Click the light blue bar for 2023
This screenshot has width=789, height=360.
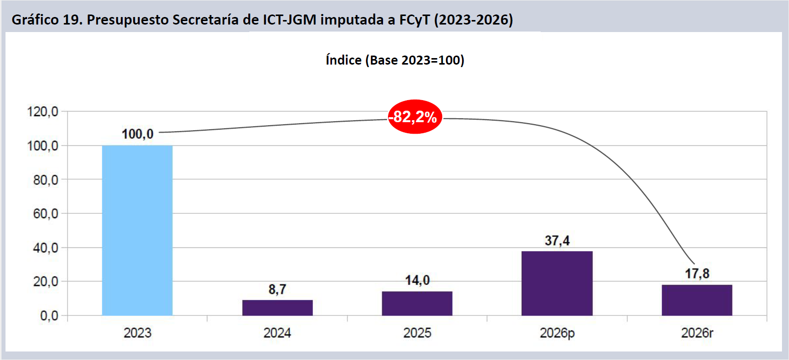point(137,230)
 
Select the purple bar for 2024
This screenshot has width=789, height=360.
point(277,307)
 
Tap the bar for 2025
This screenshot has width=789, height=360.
point(417,303)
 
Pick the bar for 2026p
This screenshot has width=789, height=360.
point(557,283)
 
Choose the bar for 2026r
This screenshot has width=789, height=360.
point(696,300)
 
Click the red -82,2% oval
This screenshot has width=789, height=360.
point(415,117)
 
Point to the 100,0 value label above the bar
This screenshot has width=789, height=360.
point(138,134)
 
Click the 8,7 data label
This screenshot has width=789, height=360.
point(277,289)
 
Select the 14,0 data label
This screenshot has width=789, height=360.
point(417,280)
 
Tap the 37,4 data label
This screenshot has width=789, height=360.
point(557,241)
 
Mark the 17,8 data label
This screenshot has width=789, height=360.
point(697,274)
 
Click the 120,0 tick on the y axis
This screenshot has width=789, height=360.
point(43,112)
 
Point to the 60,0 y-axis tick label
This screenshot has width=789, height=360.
point(46,214)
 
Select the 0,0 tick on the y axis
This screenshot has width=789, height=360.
point(49,316)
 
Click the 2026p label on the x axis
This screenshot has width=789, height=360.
point(557,333)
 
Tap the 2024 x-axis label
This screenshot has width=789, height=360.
point(277,333)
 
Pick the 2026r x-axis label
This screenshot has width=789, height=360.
point(697,333)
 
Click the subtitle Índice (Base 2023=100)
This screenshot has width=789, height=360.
point(395,60)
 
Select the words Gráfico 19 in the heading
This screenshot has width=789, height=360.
point(46,20)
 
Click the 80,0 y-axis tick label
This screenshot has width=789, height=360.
point(46,180)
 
